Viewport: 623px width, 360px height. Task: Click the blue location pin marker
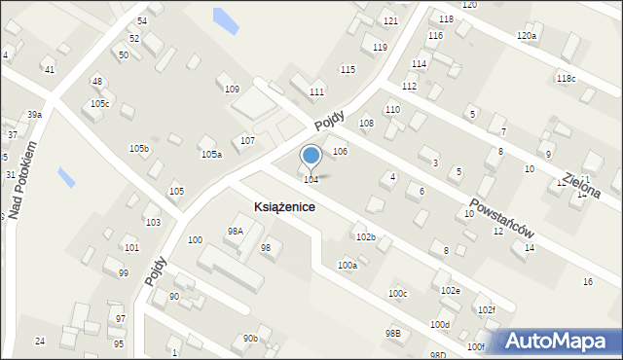(311, 157)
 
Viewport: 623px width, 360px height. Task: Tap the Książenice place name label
(284, 207)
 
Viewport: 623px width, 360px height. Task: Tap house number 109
(232, 90)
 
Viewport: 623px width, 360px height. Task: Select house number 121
(390, 21)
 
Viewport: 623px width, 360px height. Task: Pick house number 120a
(527, 36)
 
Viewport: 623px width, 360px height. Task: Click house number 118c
(566, 78)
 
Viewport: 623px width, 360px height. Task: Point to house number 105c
(100, 103)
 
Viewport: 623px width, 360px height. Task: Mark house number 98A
(235, 231)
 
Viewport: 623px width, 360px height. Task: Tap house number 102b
(366, 237)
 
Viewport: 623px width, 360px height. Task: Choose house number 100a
(348, 265)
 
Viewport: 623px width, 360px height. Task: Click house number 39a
(34, 115)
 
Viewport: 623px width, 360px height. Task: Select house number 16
(587, 282)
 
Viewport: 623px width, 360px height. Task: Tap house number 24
(40, 341)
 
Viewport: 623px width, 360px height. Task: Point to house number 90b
(251, 338)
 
